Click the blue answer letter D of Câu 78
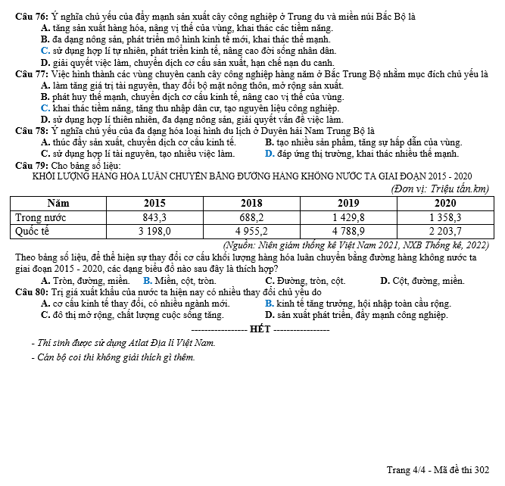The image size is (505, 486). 270,154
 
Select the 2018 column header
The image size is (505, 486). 251,203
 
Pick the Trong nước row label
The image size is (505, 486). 42,217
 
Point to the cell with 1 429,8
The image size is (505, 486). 348,217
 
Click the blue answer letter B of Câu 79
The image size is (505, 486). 147,280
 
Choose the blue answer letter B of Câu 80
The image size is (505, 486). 270,303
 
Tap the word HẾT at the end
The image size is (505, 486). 260,329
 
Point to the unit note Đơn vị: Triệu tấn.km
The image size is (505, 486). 443,188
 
